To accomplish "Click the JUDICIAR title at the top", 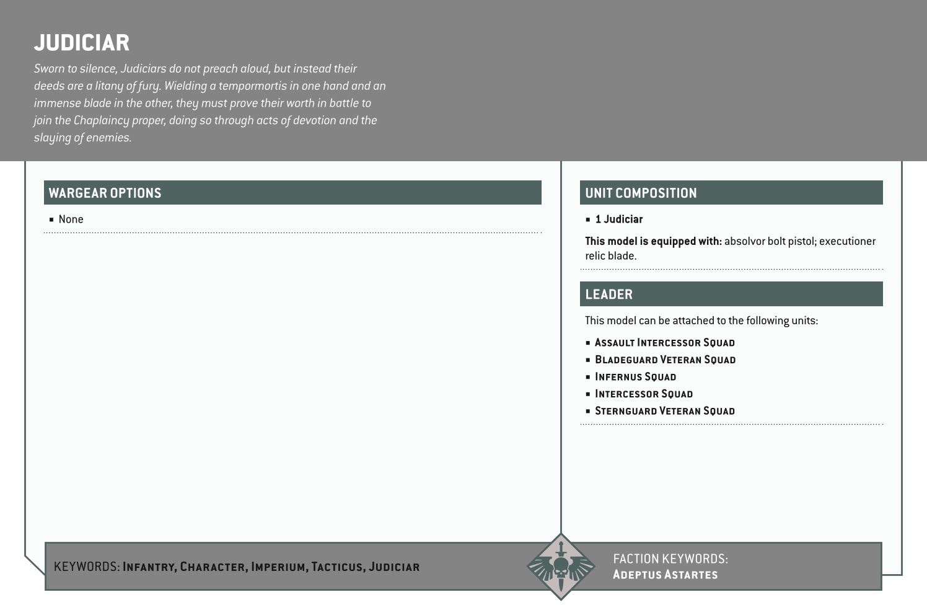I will (x=82, y=43).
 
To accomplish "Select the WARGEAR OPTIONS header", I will (x=105, y=193).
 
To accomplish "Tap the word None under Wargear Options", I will (x=71, y=219).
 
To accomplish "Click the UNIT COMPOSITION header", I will (x=641, y=193).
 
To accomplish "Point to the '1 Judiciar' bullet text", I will (x=618, y=219).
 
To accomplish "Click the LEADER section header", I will (x=608, y=294).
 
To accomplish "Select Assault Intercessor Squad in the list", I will (x=664, y=343).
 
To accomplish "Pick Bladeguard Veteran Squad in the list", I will (x=665, y=360).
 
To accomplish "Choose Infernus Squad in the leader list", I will (x=635, y=377).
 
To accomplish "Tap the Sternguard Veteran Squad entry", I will (x=664, y=411).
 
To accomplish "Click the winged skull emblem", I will (x=560, y=567).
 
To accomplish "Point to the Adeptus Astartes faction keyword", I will (x=665, y=575).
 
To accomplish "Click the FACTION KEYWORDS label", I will (x=670, y=559).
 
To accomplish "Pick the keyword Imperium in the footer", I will (x=278, y=567).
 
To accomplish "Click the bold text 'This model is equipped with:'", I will (x=653, y=241).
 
